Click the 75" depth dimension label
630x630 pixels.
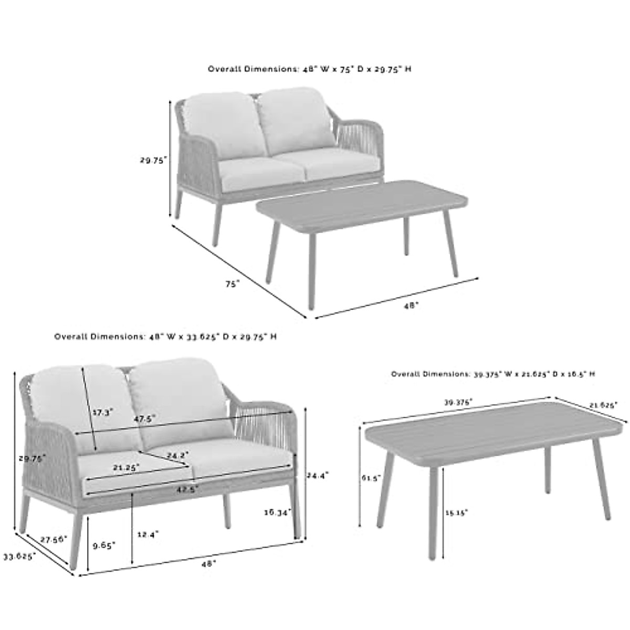tap(232, 283)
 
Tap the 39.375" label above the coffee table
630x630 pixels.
tap(458, 402)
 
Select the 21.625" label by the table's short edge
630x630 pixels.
tap(603, 405)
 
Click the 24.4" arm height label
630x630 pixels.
tap(318, 475)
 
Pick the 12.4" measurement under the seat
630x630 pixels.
tap(147, 534)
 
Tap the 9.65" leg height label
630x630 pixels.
tap(103, 545)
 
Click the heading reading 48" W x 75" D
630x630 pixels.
tap(309, 69)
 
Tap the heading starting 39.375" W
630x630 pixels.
tap(492, 374)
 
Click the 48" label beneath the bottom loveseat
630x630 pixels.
tap(208, 563)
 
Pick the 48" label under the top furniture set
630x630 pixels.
tap(412, 304)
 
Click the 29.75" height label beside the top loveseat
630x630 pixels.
tap(153, 161)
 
